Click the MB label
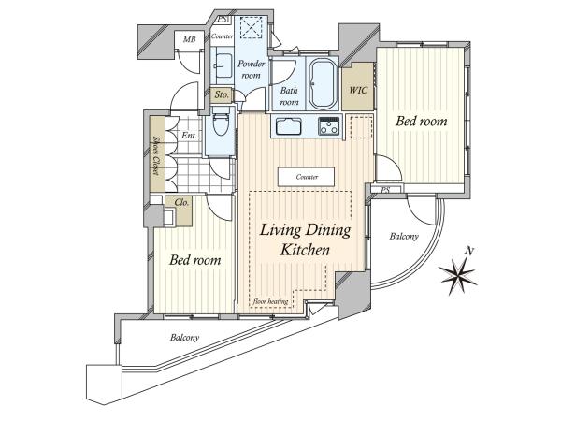(x=190, y=39)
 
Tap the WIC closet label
(x=358, y=90)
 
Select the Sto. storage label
(x=222, y=95)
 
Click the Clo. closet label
(x=181, y=203)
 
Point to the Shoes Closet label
(x=156, y=155)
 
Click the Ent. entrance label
(x=189, y=136)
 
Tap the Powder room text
(x=252, y=69)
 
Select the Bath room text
(x=289, y=96)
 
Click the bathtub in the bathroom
(x=324, y=83)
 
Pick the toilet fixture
(x=221, y=122)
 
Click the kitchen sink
(x=288, y=126)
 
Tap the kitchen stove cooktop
(x=329, y=125)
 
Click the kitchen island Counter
(x=307, y=177)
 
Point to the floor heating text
(x=270, y=301)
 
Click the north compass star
(x=458, y=275)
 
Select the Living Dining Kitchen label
(x=305, y=240)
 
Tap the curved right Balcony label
(x=404, y=237)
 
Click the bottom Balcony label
(x=184, y=337)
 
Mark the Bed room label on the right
(x=422, y=122)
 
